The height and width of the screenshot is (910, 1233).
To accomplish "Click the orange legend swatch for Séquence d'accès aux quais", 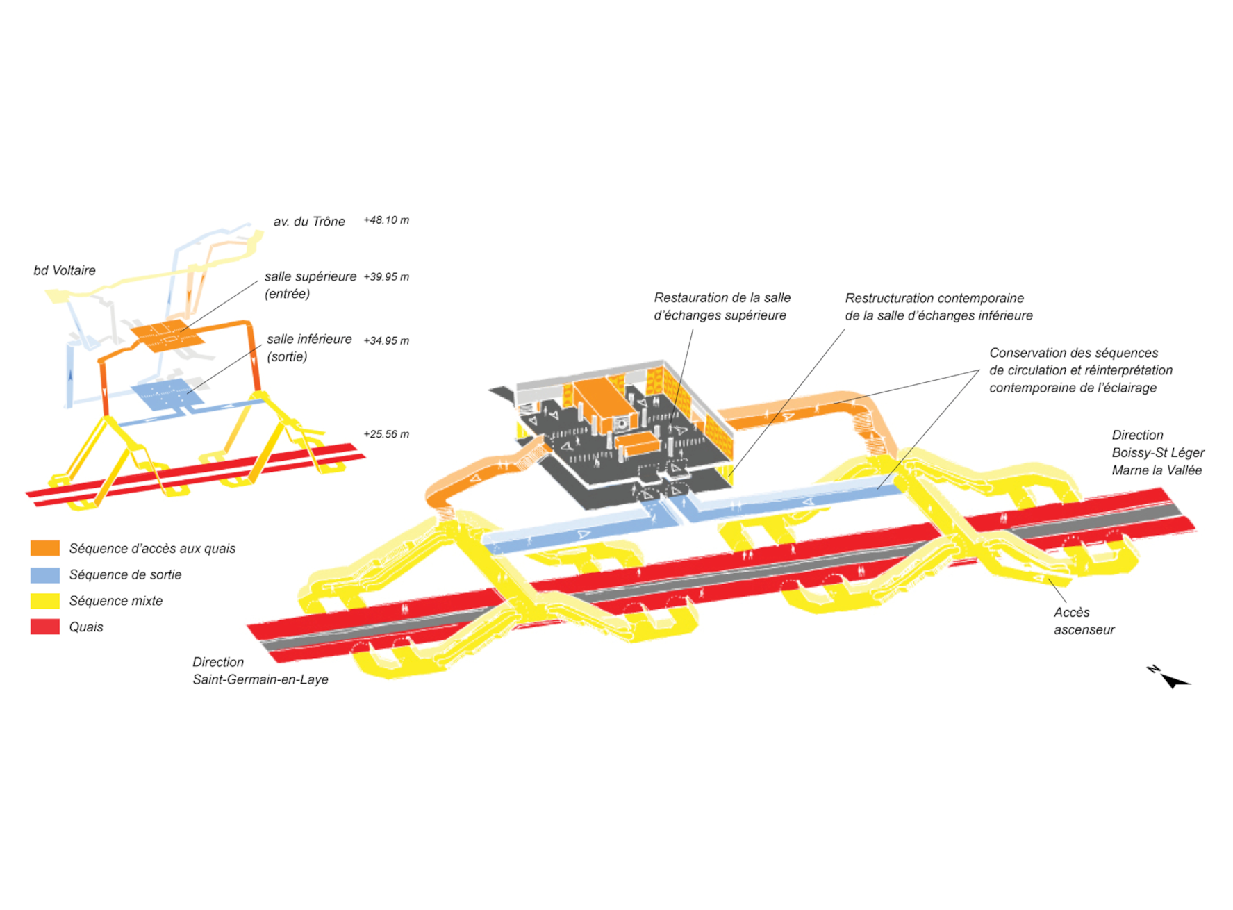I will pyautogui.click(x=45, y=548).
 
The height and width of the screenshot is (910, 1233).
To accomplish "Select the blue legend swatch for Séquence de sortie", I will pyautogui.click(x=45, y=574).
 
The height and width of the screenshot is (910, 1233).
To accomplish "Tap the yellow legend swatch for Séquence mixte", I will pyautogui.click(x=45, y=601).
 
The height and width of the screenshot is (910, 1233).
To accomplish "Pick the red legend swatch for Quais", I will pyautogui.click(x=45, y=627).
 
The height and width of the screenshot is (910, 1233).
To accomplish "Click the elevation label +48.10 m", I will pyautogui.click(x=386, y=220).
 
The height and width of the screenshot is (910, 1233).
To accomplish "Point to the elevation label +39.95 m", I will pyautogui.click(x=386, y=276).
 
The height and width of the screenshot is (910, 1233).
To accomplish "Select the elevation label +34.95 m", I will pyautogui.click(x=386, y=340).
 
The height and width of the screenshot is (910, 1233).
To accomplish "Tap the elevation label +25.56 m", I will pyautogui.click(x=386, y=434).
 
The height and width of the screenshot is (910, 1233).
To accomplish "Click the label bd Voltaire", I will pyautogui.click(x=65, y=270).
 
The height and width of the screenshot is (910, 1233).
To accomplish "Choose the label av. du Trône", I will pyautogui.click(x=309, y=222).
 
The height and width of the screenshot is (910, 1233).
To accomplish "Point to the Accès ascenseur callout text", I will pyautogui.click(x=1084, y=621).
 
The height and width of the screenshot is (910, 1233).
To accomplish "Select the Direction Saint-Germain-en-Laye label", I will pyautogui.click(x=260, y=671).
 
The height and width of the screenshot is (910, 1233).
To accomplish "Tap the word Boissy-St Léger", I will pyautogui.click(x=1158, y=453).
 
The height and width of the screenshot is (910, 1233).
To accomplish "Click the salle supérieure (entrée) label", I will pyautogui.click(x=310, y=285).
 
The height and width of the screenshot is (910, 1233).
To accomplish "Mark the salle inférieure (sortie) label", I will pyautogui.click(x=309, y=347).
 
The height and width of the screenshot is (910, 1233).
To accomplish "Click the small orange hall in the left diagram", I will pyautogui.click(x=167, y=336).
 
